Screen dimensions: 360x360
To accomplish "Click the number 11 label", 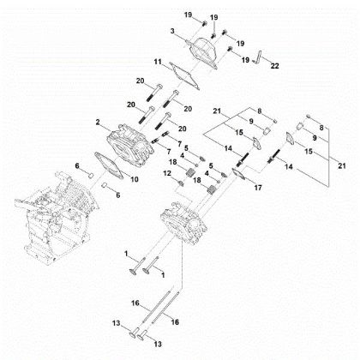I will (158, 63).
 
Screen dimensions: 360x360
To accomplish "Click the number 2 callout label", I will (99, 123).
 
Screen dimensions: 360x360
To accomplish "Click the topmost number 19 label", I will (188, 15).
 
